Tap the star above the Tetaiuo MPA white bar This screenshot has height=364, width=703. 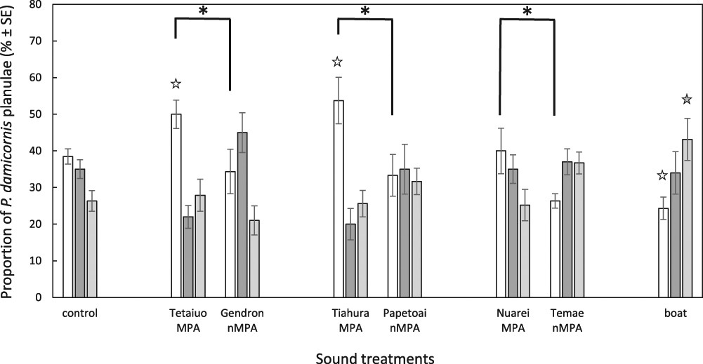(x=176, y=84)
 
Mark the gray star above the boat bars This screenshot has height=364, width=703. (x=686, y=100)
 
